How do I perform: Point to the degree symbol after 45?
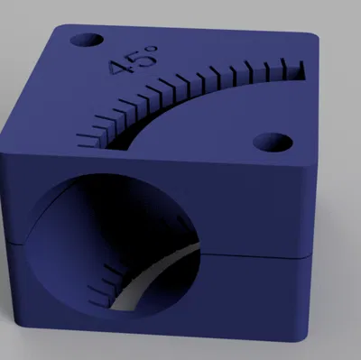pyautogui.click(x=152, y=49)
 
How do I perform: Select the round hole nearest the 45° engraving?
pyautogui.click(x=87, y=41)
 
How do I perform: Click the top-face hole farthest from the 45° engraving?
pyautogui.click(x=273, y=143)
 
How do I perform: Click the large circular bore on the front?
pyautogui.click(x=112, y=245)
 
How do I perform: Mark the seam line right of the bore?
pyautogui.click(x=255, y=257)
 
